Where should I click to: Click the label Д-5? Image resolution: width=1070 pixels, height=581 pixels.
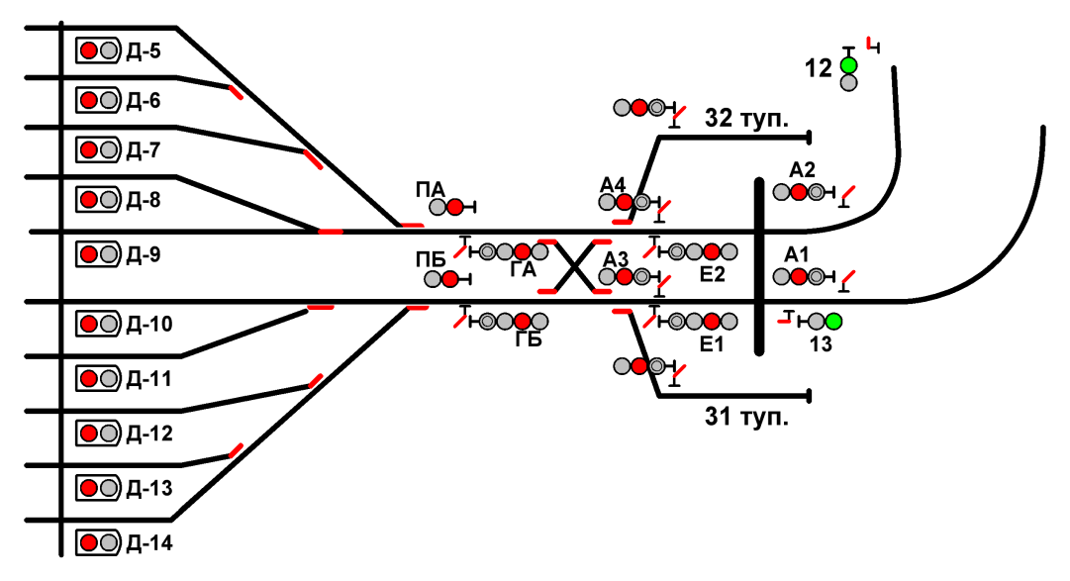pos(144,50)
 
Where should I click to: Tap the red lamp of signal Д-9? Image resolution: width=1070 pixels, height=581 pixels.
pos(89,254)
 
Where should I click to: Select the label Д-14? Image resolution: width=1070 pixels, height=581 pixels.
pos(147,542)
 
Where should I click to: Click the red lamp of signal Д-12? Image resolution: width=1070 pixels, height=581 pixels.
pos(89,434)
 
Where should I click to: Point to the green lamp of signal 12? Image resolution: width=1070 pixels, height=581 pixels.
pos(848,65)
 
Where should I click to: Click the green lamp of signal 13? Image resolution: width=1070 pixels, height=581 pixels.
pos(833,321)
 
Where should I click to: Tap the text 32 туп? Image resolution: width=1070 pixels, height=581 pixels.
pos(746,119)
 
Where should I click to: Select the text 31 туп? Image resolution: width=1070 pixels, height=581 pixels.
pos(746,417)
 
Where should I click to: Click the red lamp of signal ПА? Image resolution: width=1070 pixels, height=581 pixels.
pos(454,207)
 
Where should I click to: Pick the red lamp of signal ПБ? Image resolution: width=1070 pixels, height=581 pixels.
pos(450,279)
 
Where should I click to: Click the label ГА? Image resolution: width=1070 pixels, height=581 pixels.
pos(525,269)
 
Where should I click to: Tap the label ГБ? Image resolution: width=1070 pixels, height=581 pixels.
pos(529,340)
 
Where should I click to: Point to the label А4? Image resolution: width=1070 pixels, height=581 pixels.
pos(613,185)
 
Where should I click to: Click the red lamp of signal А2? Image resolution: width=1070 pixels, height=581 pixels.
pos(798,192)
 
